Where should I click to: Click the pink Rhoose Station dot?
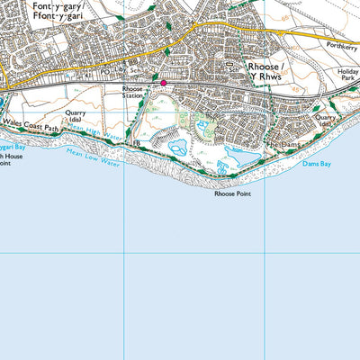tap(163, 84)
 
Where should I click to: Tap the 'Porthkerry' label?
tap(343, 49)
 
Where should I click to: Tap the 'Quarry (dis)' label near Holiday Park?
tap(326, 120)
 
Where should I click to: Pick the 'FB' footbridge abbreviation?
tap(137, 142)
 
